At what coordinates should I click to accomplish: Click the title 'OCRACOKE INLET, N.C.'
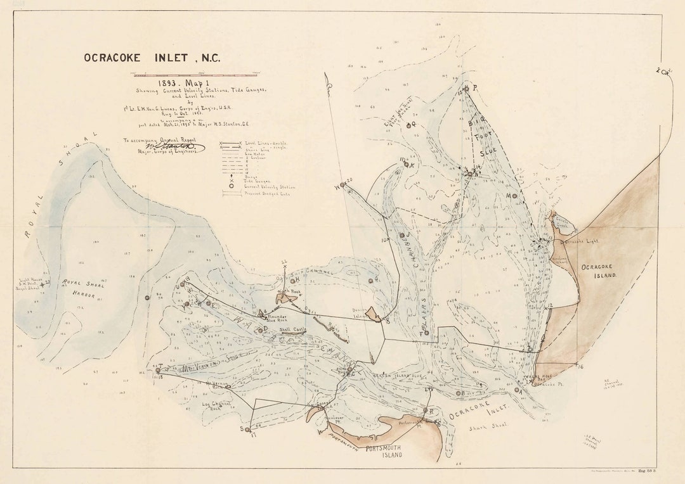tap(152, 58)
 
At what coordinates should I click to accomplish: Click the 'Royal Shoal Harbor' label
tap(82, 289)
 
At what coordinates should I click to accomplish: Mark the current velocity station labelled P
tap(466, 89)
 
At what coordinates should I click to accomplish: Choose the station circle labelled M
tap(514, 196)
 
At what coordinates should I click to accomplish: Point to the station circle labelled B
tap(458, 393)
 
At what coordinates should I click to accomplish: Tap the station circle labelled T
tap(158, 369)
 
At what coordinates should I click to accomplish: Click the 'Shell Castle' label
tap(292, 329)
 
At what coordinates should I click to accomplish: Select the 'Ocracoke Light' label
tap(582, 242)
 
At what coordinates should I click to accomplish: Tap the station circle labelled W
tap(342, 185)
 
